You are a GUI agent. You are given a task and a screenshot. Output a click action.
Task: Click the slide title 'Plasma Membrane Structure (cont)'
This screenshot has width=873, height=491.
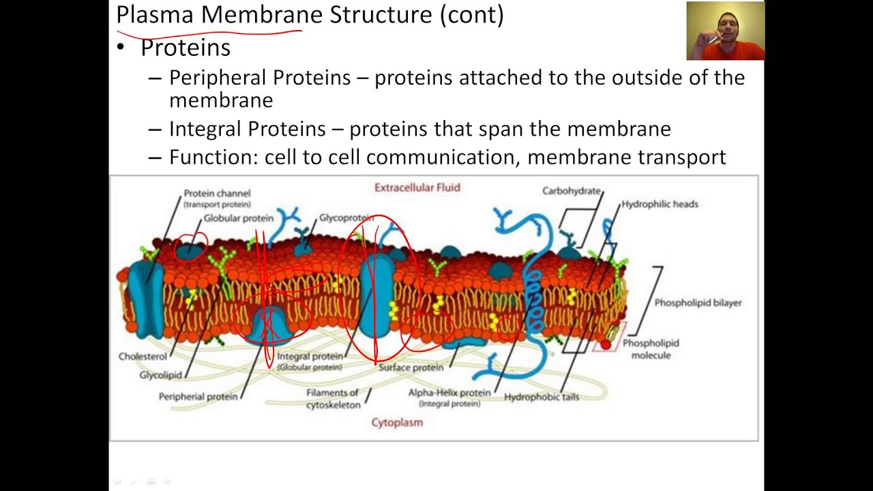(x=310, y=14)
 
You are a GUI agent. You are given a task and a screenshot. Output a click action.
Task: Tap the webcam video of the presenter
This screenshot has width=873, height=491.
(x=725, y=31)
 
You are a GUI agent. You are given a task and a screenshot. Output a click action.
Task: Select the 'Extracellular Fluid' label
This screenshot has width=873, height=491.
(x=417, y=188)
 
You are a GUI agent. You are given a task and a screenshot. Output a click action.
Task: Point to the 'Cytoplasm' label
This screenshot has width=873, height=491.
(x=397, y=422)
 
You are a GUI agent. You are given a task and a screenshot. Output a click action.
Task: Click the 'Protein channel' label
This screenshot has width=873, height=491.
(x=217, y=194)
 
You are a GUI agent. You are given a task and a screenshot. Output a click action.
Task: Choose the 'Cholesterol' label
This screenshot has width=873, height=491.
(x=143, y=356)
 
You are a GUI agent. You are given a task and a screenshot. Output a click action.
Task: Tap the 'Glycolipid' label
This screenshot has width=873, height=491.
(x=161, y=375)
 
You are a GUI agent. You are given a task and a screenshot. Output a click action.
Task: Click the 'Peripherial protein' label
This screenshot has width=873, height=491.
(x=198, y=396)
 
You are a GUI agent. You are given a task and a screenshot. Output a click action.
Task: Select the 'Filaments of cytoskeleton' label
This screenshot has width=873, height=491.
(x=332, y=398)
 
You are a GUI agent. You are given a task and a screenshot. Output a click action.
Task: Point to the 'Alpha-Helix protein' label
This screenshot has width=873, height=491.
(x=449, y=393)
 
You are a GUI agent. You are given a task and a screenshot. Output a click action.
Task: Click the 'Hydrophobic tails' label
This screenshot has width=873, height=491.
(x=542, y=397)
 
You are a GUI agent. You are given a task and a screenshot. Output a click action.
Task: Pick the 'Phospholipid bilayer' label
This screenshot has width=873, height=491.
(x=698, y=302)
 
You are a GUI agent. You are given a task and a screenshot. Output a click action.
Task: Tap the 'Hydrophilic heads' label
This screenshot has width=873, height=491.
(x=660, y=204)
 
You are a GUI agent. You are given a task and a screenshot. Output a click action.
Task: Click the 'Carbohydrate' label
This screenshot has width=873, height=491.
(x=572, y=191)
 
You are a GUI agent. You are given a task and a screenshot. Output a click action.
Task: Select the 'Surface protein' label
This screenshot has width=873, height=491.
(x=411, y=368)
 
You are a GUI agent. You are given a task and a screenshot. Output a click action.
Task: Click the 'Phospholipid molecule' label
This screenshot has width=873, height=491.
(x=651, y=348)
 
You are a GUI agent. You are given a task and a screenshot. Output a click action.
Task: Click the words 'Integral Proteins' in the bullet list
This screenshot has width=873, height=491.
(x=247, y=129)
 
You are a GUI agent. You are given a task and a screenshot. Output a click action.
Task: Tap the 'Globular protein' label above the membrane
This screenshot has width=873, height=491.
(x=238, y=218)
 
